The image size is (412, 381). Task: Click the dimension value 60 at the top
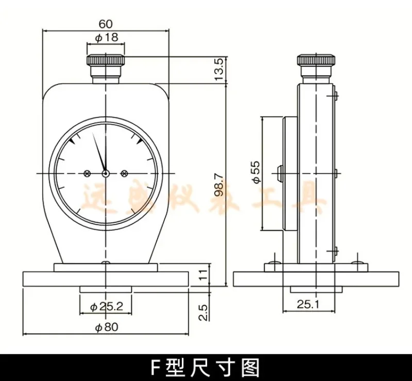point(105,24)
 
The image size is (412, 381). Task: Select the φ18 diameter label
point(106,37)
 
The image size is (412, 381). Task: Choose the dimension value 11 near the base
point(204,274)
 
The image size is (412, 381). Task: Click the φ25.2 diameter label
point(106,307)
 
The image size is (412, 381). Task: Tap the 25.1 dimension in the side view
point(308,304)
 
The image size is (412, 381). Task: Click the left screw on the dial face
point(88,174)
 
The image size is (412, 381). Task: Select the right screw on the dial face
point(124,174)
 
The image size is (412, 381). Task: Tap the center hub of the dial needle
point(106,174)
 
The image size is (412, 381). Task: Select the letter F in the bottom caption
point(156,367)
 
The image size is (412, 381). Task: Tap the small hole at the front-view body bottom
point(106,264)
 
